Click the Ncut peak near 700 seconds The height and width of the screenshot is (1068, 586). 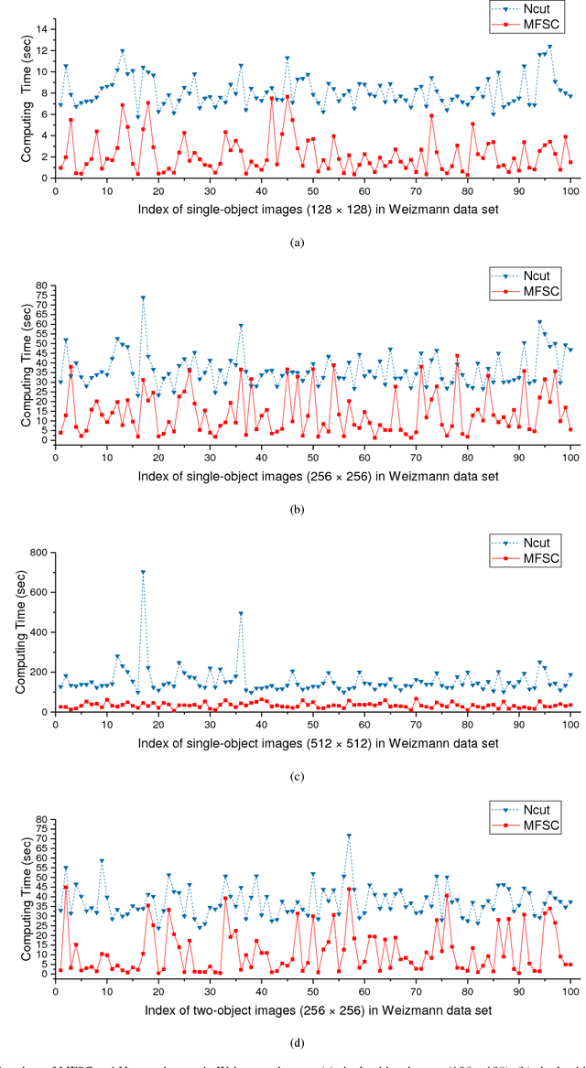[143, 573]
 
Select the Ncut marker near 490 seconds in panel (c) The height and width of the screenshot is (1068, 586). [241, 614]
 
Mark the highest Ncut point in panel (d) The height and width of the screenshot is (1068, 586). [349, 836]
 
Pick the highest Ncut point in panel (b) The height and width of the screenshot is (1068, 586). [143, 297]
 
